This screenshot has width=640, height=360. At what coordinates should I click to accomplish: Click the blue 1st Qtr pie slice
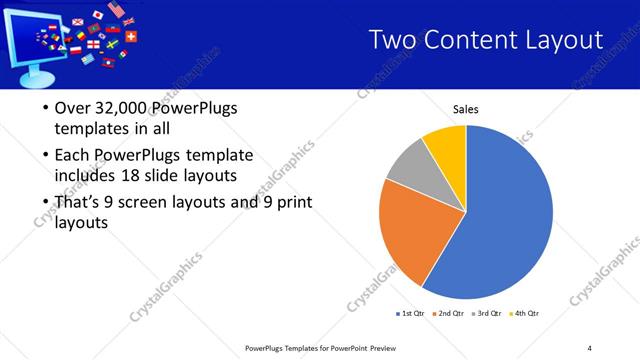pos(505,220)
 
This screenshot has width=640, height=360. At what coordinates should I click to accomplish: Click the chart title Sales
pos(466,109)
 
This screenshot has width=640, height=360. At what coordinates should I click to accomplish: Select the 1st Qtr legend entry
pos(410,314)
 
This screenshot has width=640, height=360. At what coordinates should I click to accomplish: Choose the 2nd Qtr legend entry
pos(449,314)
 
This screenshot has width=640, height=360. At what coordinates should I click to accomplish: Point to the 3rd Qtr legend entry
pos(488,314)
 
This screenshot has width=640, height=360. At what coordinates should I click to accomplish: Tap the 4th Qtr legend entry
pos(526,314)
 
